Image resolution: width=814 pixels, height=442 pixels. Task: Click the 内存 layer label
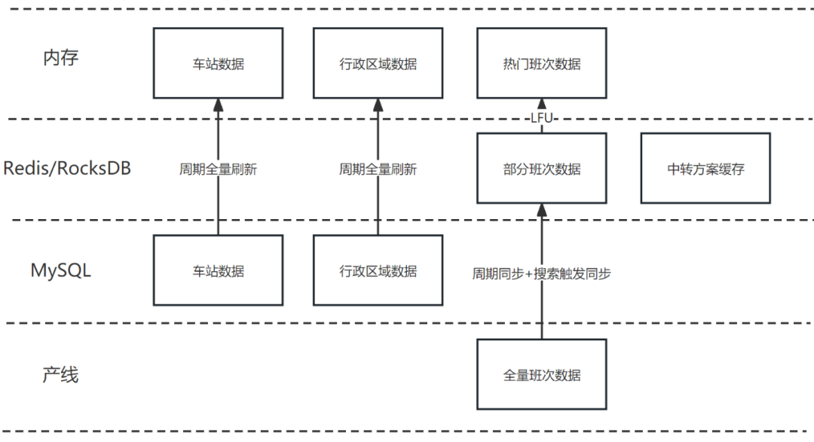pos(60,58)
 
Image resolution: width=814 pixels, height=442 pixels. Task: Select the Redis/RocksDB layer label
pos(67,168)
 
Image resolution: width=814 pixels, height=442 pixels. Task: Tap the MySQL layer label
pos(60,270)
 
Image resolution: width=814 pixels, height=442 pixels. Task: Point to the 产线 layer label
pos(60,373)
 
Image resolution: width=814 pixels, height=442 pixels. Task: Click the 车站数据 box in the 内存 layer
pos(218,64)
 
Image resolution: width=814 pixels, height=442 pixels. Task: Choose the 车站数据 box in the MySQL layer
pos(218,271)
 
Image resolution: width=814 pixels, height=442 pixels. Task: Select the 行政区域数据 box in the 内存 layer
pos(378,64)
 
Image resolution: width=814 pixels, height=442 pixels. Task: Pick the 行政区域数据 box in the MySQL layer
pos(378,271)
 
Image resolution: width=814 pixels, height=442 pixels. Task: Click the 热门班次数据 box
pos(541,64)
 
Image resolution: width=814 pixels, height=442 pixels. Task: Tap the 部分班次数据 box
pos(541,169)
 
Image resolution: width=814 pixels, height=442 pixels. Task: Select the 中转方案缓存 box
pos(705,169)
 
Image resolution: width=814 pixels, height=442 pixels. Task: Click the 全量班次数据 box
pos(541,374)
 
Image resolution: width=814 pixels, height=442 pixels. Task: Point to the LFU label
pos(542,117)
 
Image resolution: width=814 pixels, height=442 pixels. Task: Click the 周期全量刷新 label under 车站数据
pos(218,169)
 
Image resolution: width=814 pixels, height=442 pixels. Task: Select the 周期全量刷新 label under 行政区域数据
pos(378,169)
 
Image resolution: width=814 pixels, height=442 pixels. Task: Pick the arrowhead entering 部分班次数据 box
pos(541,210)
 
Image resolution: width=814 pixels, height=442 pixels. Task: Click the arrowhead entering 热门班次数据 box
pos(541,105)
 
